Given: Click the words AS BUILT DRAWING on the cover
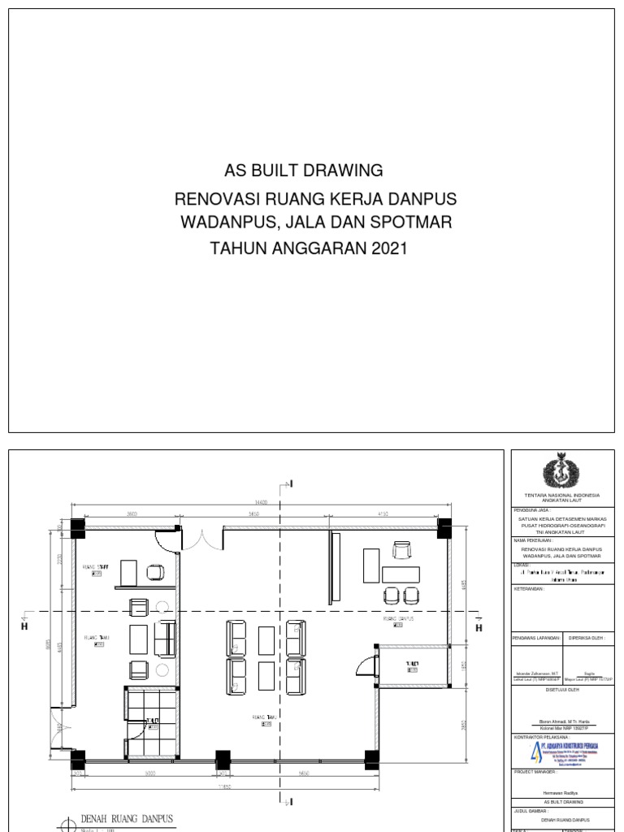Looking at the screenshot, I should (303, 171).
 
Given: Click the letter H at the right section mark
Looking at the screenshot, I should (478, 628).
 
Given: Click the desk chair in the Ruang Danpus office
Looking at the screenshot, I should (401, 552).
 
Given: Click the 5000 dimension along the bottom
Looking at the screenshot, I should (149, 773).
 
